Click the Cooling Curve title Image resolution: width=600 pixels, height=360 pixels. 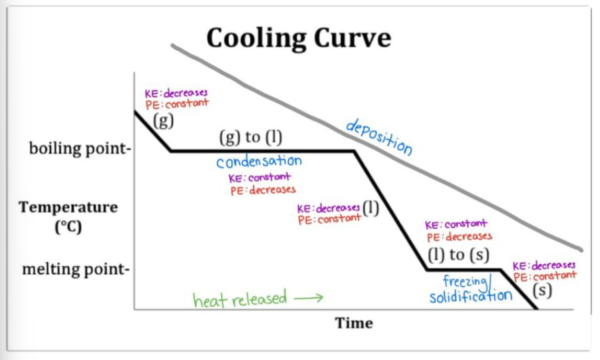coord(298,38)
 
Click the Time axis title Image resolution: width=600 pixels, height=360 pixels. coord(354,323)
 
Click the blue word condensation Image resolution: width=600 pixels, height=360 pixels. coord(259,162)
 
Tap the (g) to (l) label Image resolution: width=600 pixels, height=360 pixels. coord(251,138)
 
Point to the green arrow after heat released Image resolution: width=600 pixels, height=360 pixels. coord(308,299)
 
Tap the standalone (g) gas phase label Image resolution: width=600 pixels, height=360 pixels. coord(163,120)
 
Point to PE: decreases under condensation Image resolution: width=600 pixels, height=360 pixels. coord(262,190)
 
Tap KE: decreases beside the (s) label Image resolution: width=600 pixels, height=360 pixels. coord(544,266)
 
